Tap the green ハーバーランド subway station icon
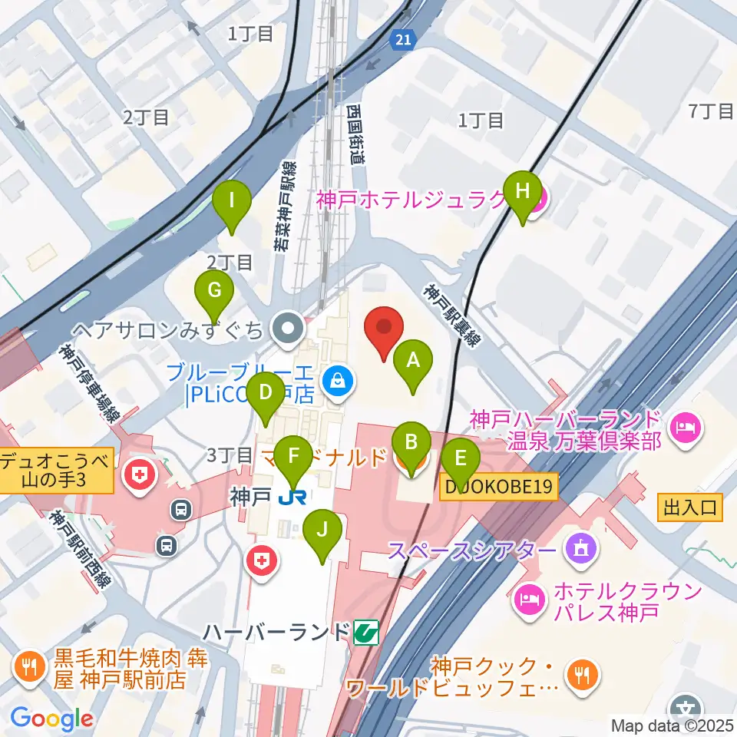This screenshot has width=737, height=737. point(366,633)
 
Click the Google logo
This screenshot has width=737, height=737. point(51,719)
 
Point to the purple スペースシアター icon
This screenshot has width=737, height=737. point(577,549)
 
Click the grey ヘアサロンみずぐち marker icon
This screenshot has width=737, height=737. point(288,330)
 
